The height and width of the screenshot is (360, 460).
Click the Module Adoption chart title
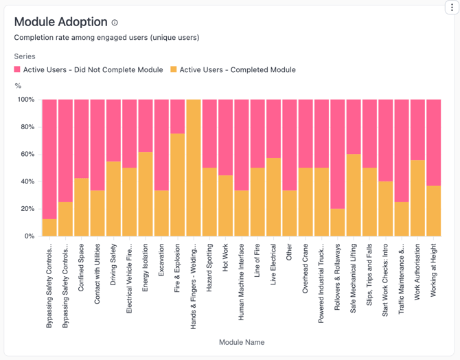click(60, 22)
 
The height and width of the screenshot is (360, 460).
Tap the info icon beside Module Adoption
click(115, 23)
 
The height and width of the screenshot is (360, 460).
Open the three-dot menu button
click(452, 8)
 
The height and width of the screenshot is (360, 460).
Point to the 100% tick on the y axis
click(25, 100)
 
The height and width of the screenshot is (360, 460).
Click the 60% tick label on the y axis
click(27, 154)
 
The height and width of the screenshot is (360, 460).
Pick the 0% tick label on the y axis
click(29, 236)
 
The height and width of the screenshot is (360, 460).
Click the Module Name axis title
click(241, 342)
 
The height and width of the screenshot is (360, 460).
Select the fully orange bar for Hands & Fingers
click(194, 168)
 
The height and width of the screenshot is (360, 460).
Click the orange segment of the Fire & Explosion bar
click(177, 185)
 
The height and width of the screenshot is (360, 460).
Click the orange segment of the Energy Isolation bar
click(146, 194)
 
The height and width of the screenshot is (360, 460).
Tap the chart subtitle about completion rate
click(106, 38)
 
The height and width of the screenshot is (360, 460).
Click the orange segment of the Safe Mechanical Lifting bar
click(354, 195)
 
